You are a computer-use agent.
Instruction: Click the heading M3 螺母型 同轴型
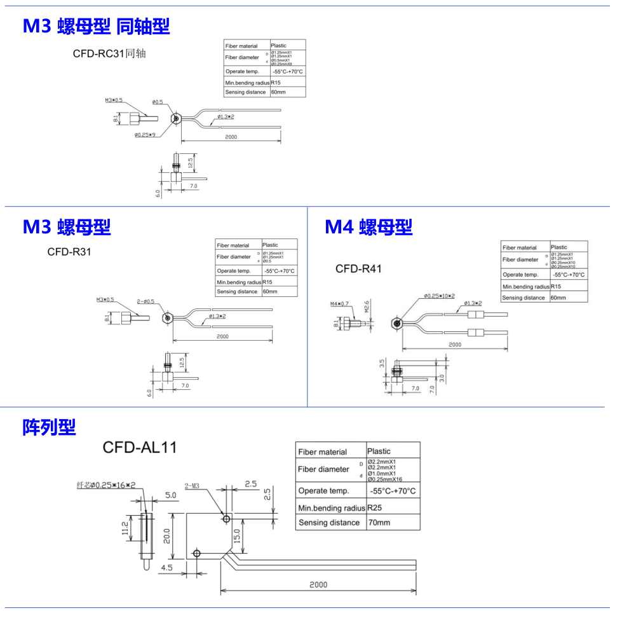(x=96, y=26)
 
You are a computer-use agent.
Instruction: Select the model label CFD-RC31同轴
(x=109, y=53)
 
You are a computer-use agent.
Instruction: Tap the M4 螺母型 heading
(x=368, y=226)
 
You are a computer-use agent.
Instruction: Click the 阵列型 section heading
(x=49, y=427)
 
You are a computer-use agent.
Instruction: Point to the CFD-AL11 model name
(x=140, y=448)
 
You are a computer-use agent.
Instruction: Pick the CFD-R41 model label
(x=358, y=269)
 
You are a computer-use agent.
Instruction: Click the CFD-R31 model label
(x=69, y=252)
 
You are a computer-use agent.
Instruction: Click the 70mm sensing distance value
(x=379, y=523)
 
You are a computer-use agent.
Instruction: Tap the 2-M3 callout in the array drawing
(x=192, y=486)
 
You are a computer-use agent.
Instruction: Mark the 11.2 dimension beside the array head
(x=125, y=528)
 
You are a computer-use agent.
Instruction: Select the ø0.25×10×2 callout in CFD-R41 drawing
(x=439, y=296)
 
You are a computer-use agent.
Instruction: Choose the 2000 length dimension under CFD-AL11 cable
(x=318, y=585)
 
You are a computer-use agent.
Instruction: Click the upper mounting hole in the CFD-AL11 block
(x=226, y=519)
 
